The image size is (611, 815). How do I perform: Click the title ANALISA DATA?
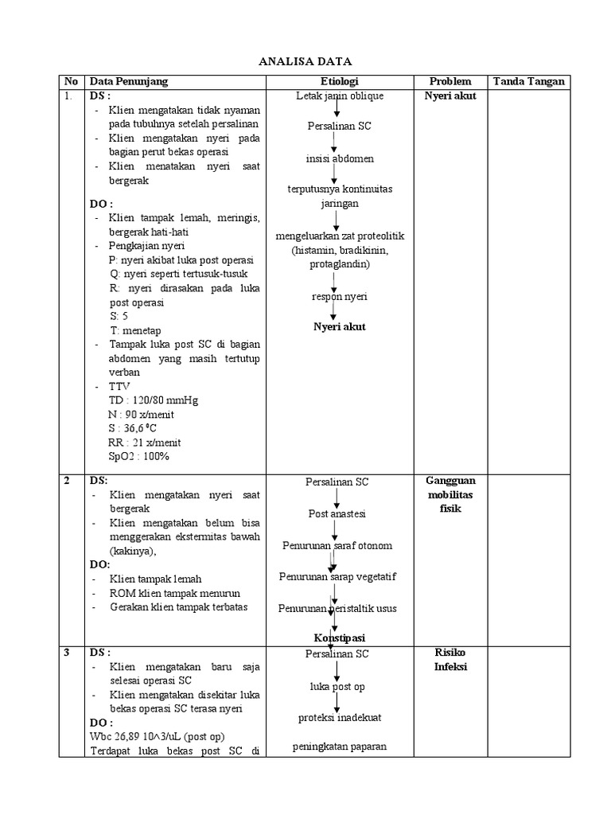306,61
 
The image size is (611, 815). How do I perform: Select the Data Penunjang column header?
129,81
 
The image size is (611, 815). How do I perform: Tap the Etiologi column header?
340,81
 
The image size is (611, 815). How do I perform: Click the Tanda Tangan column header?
529,81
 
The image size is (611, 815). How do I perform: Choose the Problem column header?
450,81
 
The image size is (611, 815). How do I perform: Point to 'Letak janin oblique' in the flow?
340,96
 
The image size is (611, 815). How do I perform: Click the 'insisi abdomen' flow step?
340,158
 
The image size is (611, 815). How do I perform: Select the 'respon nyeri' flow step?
340,296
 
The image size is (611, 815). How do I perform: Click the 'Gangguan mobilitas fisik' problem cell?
450,495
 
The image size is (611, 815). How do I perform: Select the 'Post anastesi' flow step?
337,513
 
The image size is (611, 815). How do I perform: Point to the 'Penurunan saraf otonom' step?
337,545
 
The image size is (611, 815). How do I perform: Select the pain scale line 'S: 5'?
119,316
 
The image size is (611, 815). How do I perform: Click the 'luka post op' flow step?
337,686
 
